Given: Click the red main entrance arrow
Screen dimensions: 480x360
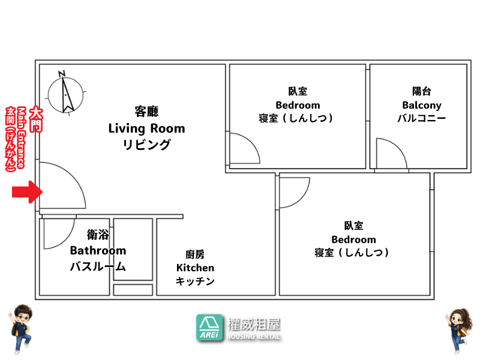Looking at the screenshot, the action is [x=27, y=192].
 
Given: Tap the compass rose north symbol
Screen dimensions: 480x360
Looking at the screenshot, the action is [x=65, y=94].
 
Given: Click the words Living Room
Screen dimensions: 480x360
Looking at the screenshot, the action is [x=146, y=128].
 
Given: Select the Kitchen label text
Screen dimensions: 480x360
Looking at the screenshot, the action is [x=195, y=268].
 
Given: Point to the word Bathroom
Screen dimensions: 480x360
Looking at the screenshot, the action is [x=98, y=250].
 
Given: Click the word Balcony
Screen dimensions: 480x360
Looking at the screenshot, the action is [x=422, y=106].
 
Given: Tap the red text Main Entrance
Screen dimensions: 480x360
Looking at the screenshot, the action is [x=21, y=137].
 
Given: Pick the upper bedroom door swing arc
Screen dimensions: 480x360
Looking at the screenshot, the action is [x=251, y=142].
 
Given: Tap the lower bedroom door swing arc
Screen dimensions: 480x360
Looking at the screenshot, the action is [x=302, y=199].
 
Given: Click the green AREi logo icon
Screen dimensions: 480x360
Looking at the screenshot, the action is [x=209, y=328].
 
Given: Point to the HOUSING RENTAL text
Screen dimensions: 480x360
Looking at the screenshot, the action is [x=253, y=337].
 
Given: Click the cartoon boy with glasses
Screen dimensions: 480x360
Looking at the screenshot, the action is [x=21, y=329].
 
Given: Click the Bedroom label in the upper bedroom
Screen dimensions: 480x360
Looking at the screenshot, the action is [x=298, y=106].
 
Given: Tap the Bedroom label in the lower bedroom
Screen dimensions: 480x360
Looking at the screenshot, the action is [x=353, y=239].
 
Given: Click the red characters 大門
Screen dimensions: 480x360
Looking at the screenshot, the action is [x=36, y=119].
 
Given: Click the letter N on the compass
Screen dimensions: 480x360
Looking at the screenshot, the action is [x=62, y=74].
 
